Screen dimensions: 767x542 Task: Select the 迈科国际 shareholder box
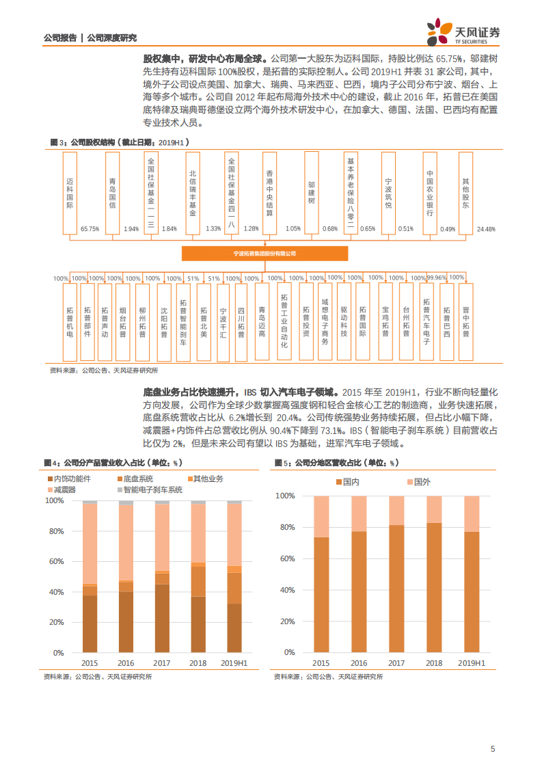[x=69, y=193]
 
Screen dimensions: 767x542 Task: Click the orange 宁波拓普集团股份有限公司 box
[x=265, y=253]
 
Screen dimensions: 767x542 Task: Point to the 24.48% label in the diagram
[x=486, y=229]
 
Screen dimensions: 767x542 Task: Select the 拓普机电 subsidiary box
[x=69, y=322]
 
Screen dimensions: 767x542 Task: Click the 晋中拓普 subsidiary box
[x=465, y=322]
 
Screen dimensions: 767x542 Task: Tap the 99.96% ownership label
[x=437, y=278]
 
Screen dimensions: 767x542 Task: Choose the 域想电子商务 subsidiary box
[x=325, y=322]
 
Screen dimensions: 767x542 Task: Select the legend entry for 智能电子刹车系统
[x=153, y=489]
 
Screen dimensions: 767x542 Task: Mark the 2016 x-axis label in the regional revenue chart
[x=358, y=663]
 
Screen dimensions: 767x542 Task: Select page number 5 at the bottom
[x=492, y=749]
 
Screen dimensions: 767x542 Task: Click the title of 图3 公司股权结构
[x=120, y=142]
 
